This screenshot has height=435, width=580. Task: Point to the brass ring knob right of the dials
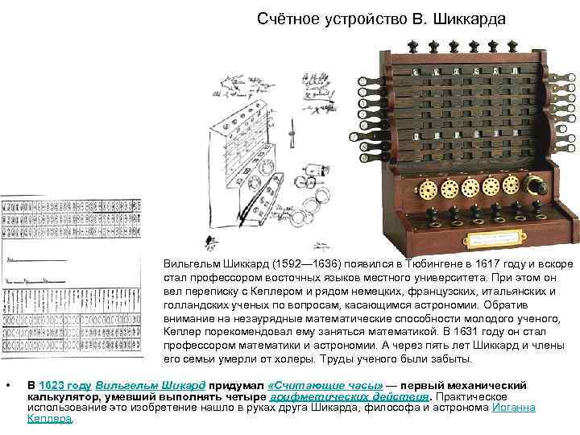point(531,184)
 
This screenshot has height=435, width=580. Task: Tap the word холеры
point(284,358)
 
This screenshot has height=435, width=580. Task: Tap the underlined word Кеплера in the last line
point(49,419)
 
